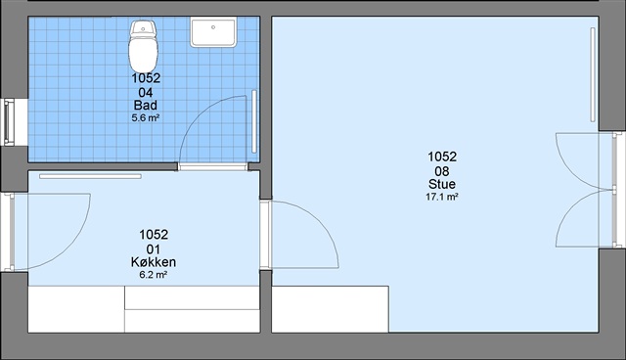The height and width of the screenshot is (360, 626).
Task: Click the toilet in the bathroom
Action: tap(143, 46)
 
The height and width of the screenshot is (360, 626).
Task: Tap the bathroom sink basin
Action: tap(213, 32)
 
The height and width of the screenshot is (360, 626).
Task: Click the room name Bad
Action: tap(146, 106)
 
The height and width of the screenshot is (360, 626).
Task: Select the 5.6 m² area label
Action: tap(146, 118)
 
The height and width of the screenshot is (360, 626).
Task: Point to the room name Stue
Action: tap(442, 184)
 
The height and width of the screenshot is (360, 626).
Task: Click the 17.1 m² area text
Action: tap(441, 197)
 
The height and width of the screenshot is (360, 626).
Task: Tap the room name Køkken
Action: tap(154, 262)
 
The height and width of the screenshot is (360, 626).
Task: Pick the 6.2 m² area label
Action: tap(154, 275)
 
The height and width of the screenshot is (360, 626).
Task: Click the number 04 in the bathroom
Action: tap(146, 93)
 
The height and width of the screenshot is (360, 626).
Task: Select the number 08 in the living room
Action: tap(442, 171)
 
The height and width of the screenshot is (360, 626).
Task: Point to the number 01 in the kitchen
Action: tap(154, 249)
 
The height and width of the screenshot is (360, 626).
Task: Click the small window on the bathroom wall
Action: tap(9, 122)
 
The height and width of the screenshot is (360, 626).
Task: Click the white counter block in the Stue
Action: tap(331, 309)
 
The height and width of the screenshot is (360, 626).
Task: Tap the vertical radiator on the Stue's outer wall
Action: tap(593, 74)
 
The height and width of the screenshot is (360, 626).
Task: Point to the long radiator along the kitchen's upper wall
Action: tap(90, 176)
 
